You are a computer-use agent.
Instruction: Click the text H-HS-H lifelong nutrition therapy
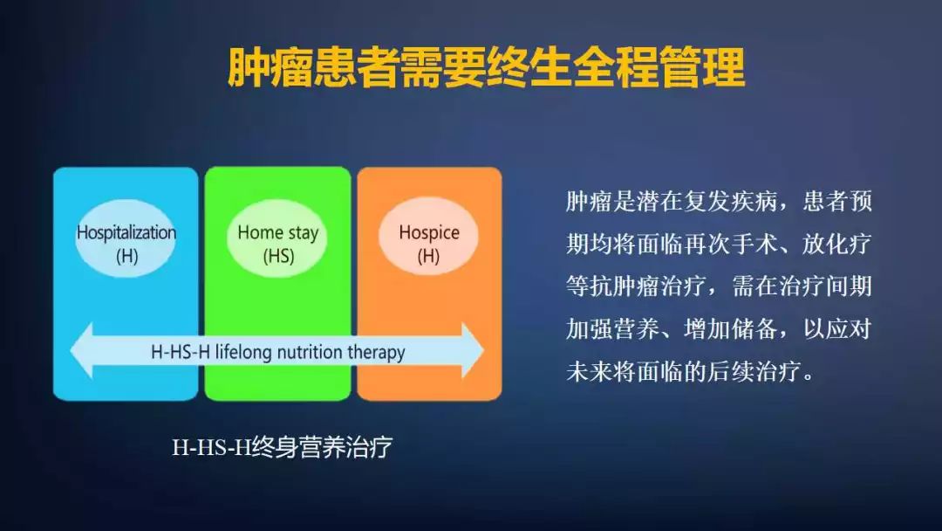pyautogui.click(x=278, y=352)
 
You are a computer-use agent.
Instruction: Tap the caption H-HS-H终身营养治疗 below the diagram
pyautogui.click(x=282, y=448)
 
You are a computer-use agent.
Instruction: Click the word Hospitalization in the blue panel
pyautogui.click(x=126, y=232)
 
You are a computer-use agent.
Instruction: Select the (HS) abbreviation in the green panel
pyautogui.click(x=278, y=257)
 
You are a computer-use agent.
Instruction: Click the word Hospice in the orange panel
pyautogui.click(x=428, y=232)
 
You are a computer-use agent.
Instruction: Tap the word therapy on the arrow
pyautogui.click(x=377, y=352)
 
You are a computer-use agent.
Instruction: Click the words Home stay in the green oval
pyautogui.click(x=277, y=232)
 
